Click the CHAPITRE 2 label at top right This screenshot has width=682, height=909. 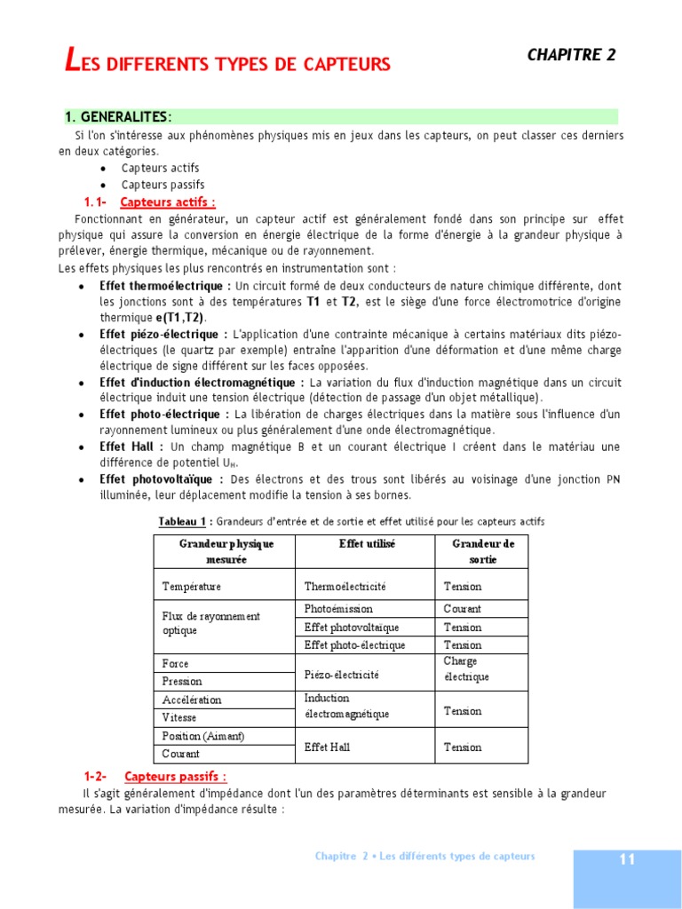571,55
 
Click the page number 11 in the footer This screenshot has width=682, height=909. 627,859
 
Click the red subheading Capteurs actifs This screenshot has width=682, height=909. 167,202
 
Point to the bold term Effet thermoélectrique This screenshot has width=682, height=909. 164,286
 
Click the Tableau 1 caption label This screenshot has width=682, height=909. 182,521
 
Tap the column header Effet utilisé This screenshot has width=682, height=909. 367,542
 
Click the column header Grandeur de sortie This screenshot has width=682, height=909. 483,551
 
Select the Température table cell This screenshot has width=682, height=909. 191,587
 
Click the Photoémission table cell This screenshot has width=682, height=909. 338,609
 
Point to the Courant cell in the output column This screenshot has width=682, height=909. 463,609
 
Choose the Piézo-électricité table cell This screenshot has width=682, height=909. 341,675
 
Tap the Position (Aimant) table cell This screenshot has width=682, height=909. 202,736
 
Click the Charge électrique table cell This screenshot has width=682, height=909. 466,669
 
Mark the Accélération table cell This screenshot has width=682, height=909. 192,700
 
